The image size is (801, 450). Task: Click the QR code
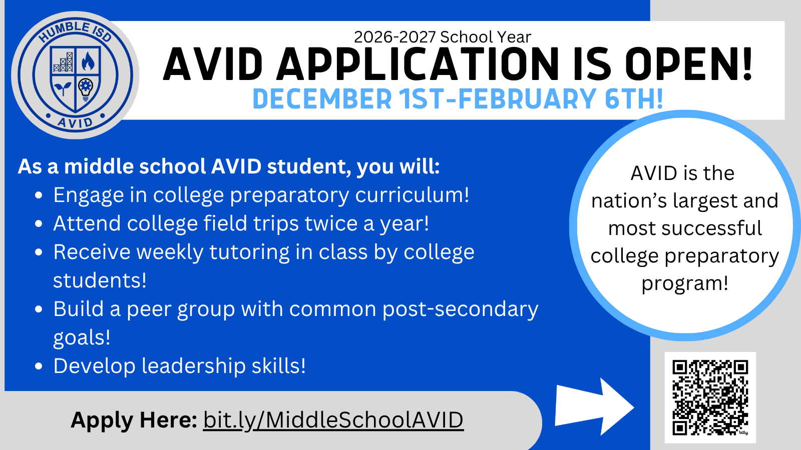[x=710, y=397]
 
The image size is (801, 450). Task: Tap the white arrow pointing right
[x=594, y=406]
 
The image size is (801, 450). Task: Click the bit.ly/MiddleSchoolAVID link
[x=333, y=420]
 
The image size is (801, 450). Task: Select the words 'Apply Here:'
[x=134, y=420]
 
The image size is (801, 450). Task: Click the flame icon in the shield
[x=88, y=60]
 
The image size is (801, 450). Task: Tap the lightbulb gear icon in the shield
[x=86, y=89]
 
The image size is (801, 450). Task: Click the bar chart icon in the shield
[x=63, y=62]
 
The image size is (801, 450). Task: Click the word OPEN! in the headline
[x=689, y=64]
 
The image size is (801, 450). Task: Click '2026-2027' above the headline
[x=395, y=37]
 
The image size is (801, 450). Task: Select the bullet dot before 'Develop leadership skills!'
[x=39, y=366]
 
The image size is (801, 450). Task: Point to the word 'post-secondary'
[x=460, y=309]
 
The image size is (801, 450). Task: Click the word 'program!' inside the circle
[x=685, y=283]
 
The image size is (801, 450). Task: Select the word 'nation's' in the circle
[x=629, y=200]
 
